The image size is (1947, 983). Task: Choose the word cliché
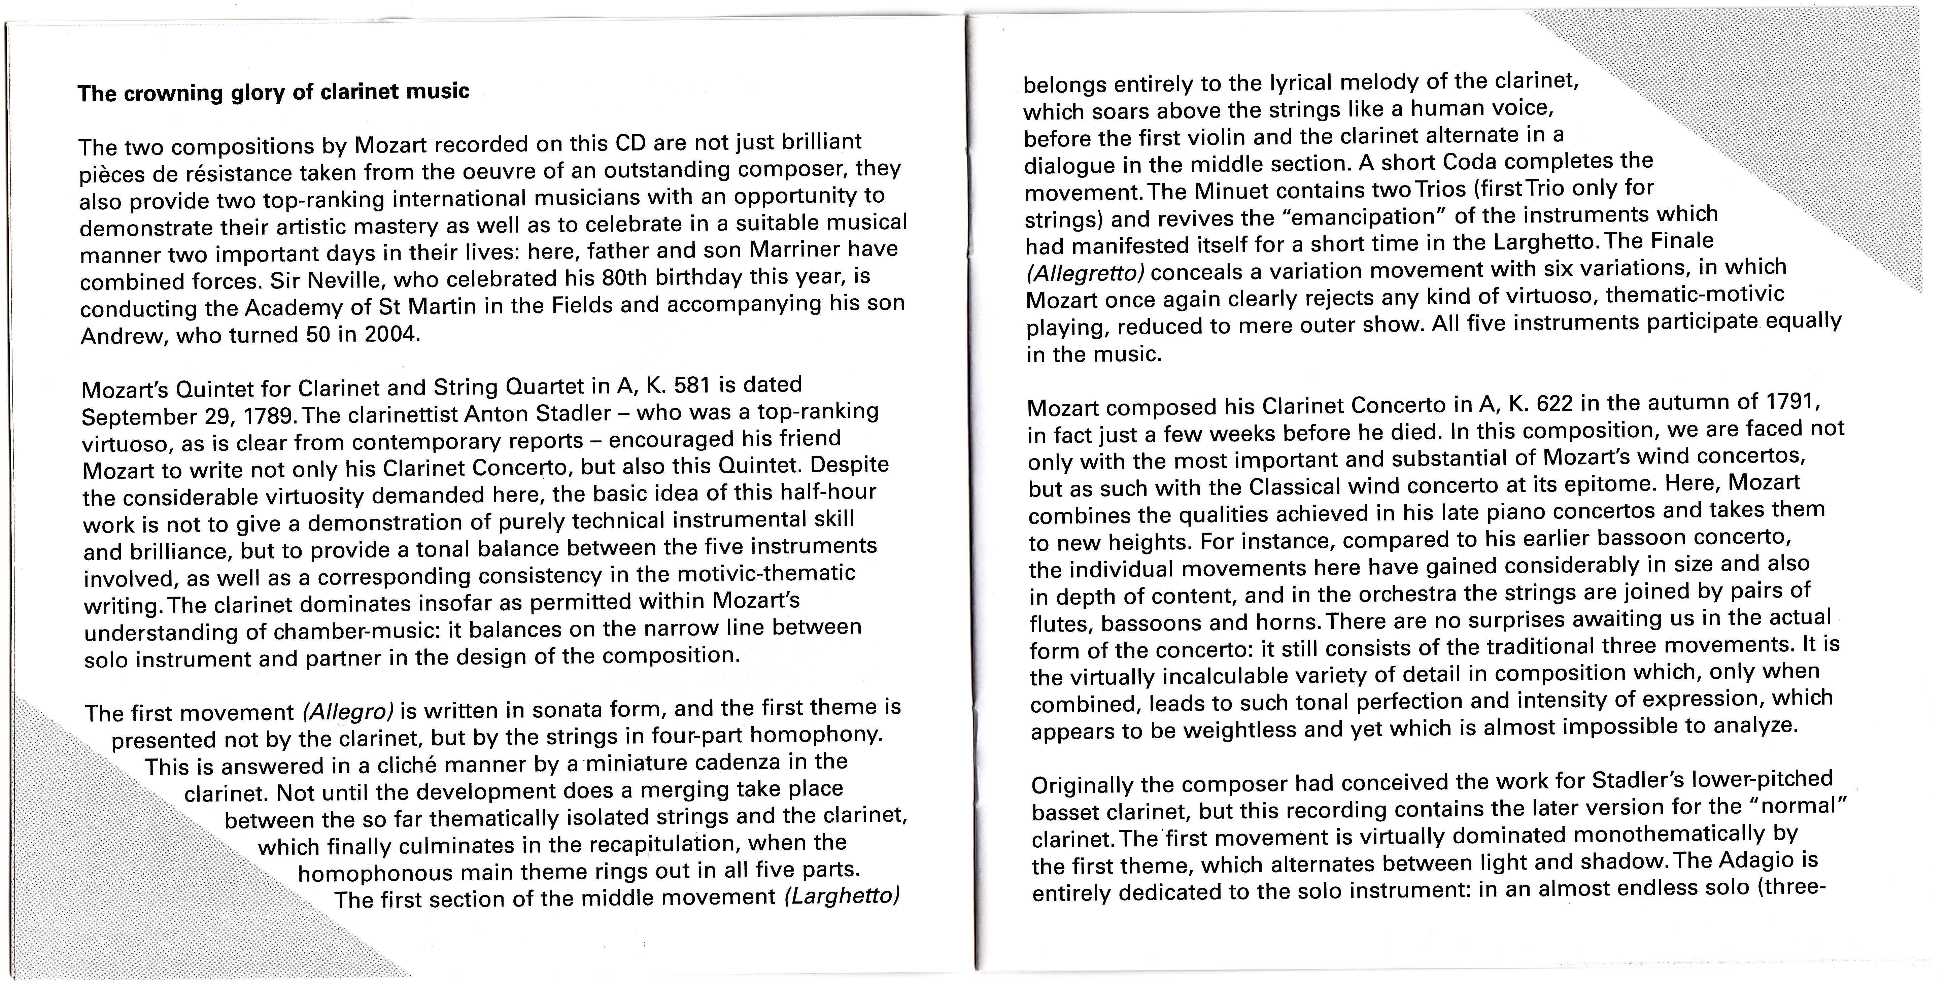pos(407,765)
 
